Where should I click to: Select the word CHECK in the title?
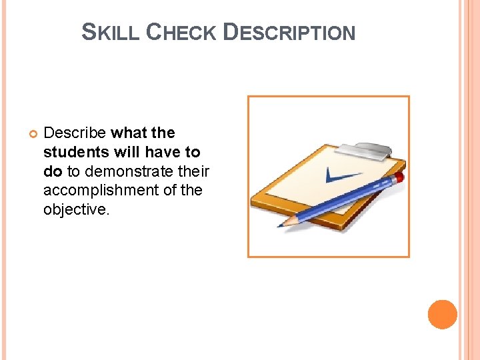click(180, 32)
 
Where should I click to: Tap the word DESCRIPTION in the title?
click(289, 32)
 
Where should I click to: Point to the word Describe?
click(75, 133)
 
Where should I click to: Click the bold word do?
click(53, 171)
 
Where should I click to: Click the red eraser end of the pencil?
click(399, 177)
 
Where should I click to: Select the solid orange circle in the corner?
click(443, 315)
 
